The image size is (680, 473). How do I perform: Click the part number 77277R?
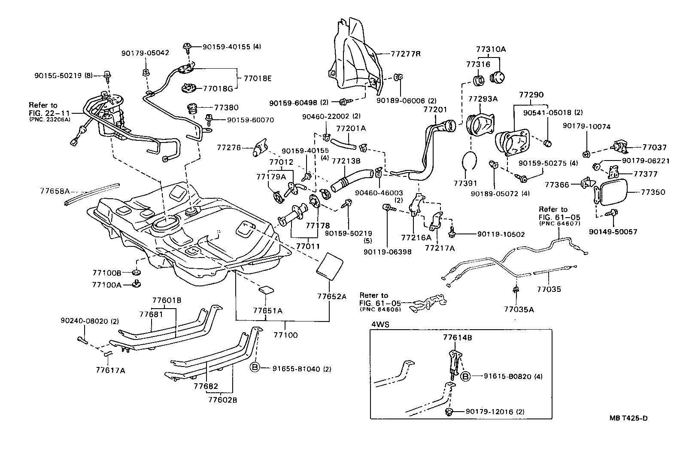click(x=406, y=54)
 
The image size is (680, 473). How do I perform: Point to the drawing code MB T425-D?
click(x=628, y=418)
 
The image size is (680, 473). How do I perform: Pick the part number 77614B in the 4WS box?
click(x=458, y=338)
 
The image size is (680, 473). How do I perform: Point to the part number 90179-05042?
click(x=145, y=53)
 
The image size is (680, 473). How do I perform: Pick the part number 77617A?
click(x=110, y=370)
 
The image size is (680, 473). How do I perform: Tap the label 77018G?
click(x=218, y=89)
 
